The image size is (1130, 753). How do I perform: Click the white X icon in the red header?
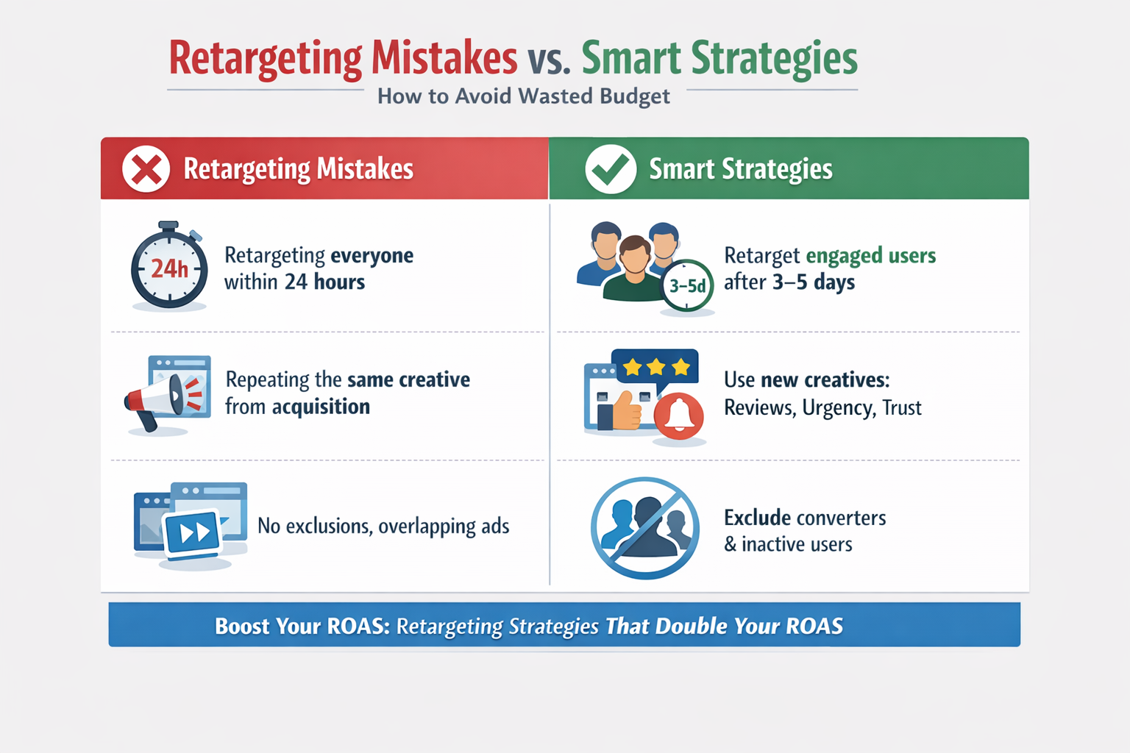click(146, 169)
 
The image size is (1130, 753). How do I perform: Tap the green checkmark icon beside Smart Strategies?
click(611, 169)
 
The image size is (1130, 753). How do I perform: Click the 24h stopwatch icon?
click(169, 268)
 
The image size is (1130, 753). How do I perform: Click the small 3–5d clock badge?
click(687, 285)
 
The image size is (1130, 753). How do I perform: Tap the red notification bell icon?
click(678, 416)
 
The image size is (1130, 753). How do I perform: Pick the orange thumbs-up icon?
click(626, 412)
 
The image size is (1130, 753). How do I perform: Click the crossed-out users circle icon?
click(645, 527)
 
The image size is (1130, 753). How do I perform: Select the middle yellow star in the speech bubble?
click(655, 366)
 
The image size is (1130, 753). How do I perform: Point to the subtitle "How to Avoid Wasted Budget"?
click(523, 96)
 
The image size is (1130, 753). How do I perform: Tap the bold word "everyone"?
click(372, 255)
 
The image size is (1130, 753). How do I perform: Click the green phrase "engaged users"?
click(871, 255)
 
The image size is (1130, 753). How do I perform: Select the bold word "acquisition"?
click(321, 407)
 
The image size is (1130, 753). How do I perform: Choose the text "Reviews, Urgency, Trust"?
click(822, 407)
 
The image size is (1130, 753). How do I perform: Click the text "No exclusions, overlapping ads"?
click(383, 527)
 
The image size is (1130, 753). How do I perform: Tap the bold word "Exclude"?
click(758, 518)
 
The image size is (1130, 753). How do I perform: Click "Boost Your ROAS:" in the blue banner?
click(302, 626)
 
